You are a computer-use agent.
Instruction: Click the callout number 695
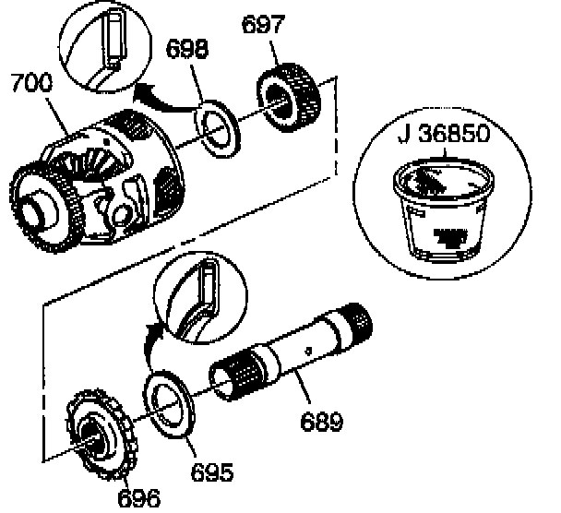click(212, 471)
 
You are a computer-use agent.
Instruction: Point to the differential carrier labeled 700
click(101, 185)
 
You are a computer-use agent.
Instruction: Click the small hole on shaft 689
click(307, 349)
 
